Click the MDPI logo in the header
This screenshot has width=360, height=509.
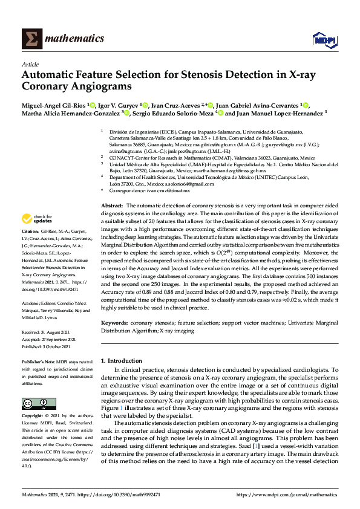[x=324, y=40]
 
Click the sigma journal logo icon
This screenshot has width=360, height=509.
[x=30, y=39]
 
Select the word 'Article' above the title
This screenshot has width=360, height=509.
[x=30, y=63]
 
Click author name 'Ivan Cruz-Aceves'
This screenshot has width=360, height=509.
[x=175, y=105]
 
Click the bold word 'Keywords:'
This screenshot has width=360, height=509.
[x=114, y=323]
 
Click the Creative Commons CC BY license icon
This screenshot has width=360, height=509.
[x=34, y=403]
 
